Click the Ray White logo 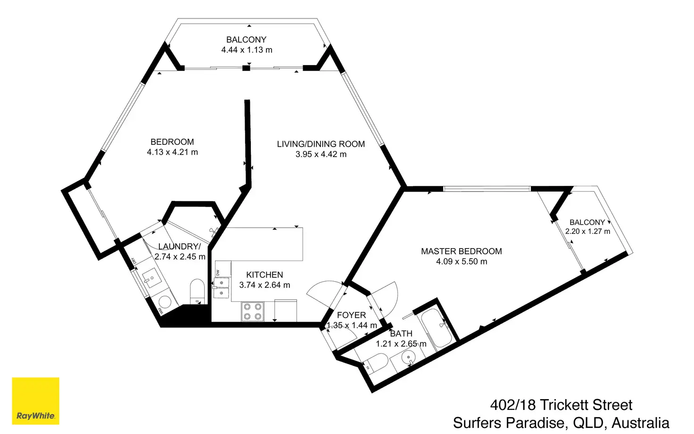(35, 401)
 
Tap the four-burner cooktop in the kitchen (252, 311)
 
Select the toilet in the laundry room (197, 290)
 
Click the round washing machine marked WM (165, 302)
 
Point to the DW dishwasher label (217, 273)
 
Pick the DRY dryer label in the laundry (133, 261)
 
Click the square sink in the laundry (152, 279)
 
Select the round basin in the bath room (408, 359)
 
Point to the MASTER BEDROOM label (461, 251)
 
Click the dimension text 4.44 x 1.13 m (247, 50)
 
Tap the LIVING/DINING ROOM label (321, 144)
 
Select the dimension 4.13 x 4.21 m (172, 152)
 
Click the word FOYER (351, 315)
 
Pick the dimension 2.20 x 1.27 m (587, 232)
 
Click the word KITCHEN (264, 275)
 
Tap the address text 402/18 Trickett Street (561, 405)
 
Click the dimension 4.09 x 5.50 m (461, 262)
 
